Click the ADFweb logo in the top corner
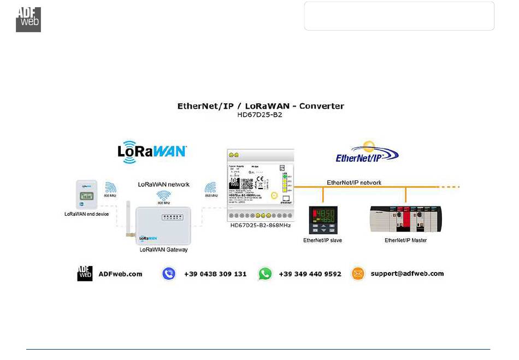[x=28, y=19]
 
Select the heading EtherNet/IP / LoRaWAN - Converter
[x=261, y=106]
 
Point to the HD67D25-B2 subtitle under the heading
[x=261, y=116]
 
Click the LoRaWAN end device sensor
[x=86, y=194]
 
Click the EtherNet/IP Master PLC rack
[x=406, y=219]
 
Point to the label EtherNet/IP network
[x=354, y=182]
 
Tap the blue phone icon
[x=169, y=274]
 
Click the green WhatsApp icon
[x=265, y=274]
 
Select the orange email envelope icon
[x=358, y=274]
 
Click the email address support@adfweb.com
[x=407, y=274]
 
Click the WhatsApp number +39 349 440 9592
[x=310, y=274]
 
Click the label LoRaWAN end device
[x=86, y=214]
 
